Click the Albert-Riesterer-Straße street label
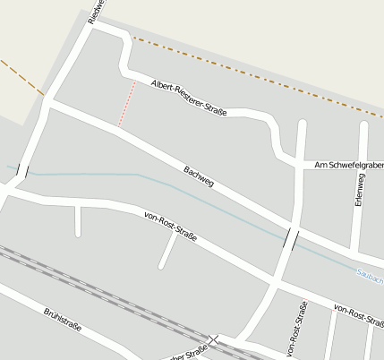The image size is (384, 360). (188, 98)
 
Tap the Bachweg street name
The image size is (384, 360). (199, 176)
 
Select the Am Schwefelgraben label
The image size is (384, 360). (348, 166)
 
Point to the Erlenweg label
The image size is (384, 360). (359, 191)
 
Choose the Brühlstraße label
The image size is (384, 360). (62, 320)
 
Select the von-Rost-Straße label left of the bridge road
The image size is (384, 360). (170, 228)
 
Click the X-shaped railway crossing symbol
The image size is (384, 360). (213, 340)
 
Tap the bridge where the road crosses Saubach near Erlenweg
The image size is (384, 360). (290, 238)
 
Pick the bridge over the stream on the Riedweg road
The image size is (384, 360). (22, 170)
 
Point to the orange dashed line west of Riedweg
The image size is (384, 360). (21, 77)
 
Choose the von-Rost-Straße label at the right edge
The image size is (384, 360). (358, 314)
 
